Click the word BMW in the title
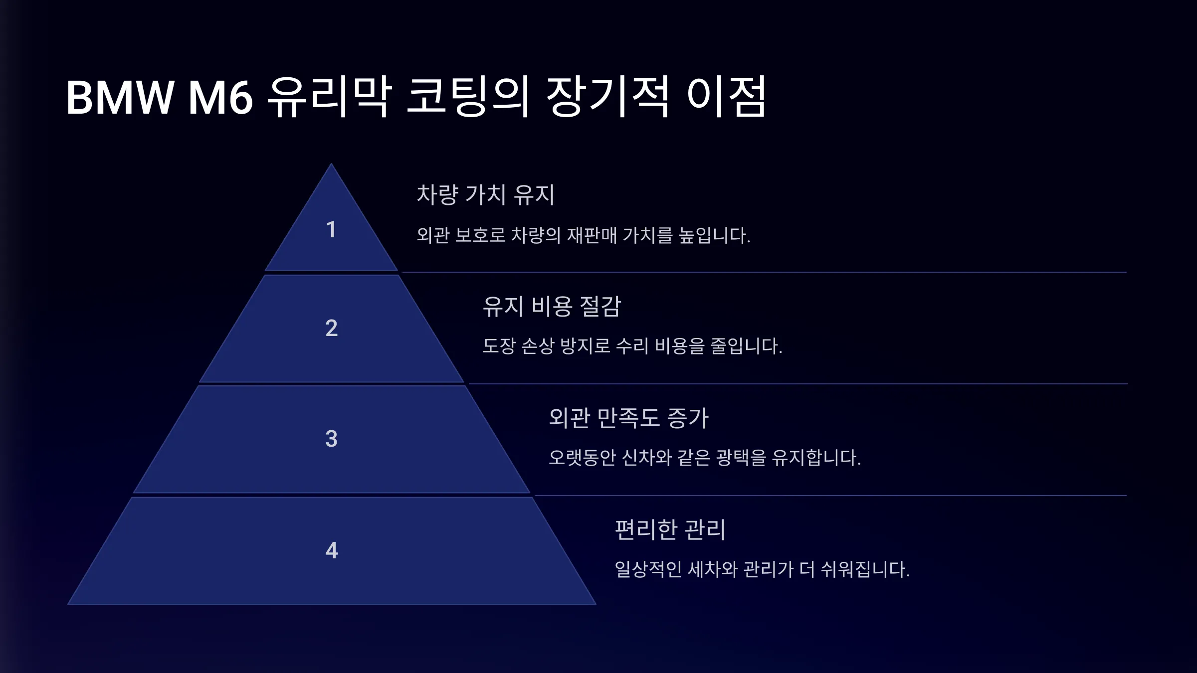point(120,97)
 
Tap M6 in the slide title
point(220,97)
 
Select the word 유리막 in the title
point(329,97)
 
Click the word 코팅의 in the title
point(467,97)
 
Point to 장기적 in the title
point(607,97)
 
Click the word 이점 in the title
point(726,97)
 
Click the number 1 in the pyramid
point(331,230)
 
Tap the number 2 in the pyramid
point(331,328)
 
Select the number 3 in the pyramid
point(331,439)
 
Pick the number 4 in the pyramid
point(332,550)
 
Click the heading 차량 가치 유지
point(485,194)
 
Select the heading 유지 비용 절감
point(552,306)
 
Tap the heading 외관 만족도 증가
point(628,418)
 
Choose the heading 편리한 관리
point(670,529)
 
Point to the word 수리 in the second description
point(632,345)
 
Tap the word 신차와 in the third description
point(646,457)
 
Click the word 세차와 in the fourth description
point(712,569)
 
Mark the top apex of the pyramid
point(331,164)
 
